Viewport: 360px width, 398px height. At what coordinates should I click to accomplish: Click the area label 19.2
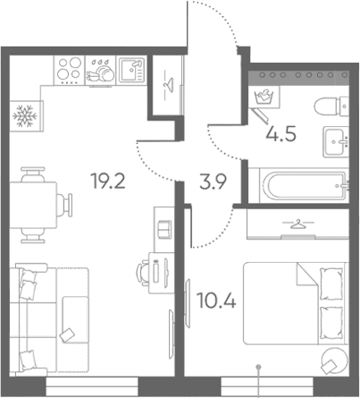[x=109, y=181]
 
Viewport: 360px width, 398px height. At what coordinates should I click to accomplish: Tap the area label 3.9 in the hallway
[x=213, y=182]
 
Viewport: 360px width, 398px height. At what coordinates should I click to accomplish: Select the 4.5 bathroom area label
[x=281, y=134]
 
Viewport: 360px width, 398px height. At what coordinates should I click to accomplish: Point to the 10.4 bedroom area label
[x=217, y=301]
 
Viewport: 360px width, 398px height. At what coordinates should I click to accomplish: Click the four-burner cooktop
[x=70, y=71]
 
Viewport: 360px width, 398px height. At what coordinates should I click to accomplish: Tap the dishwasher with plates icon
[x=100, y=71]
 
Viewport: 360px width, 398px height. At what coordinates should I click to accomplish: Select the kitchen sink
[x=131, y=71]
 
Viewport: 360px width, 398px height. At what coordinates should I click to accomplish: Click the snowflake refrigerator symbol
[x=24, y=115]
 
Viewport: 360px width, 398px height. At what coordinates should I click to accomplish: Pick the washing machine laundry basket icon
[x=264, y=97]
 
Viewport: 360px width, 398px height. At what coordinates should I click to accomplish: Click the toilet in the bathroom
[x=331, y=106]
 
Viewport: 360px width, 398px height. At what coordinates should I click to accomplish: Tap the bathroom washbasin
[x=336, y=141]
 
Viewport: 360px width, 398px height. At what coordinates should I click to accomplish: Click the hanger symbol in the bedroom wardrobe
[x=298, y=224]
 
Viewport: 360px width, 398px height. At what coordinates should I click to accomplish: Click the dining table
[x=33, y=205]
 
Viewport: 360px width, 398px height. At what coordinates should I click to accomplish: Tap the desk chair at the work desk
[x=143, y=272]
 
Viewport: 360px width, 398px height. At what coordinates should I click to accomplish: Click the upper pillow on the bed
[x=331, y=284]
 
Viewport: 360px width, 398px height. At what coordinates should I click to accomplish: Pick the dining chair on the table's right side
[x=65, y=205]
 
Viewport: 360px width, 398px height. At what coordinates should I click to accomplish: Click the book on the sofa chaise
[x=67, y=335]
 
